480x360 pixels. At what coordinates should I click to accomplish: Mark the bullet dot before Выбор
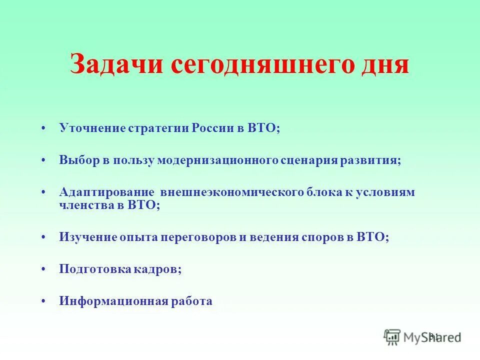point(44,160)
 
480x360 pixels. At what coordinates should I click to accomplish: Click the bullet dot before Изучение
point(44,238)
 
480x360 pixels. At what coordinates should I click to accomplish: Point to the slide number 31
point(433,336)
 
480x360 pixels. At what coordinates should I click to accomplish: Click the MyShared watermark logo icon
point(392,337)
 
